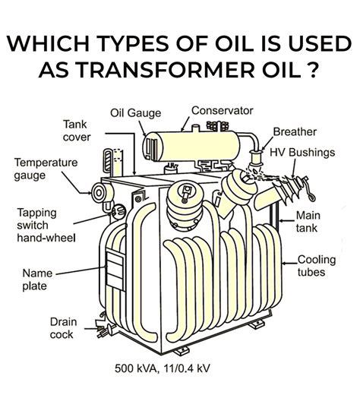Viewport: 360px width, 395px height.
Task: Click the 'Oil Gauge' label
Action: click(135, 113)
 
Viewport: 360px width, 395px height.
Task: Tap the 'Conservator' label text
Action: click(222, 111)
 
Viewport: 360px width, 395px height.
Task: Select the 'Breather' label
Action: click(295, 132)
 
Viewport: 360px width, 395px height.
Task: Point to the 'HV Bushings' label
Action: click(302, 153)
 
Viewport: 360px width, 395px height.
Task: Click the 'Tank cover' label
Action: click(77, 131)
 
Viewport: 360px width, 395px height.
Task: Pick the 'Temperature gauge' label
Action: click(46, 169)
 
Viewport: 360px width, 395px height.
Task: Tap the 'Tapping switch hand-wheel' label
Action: click(46, 226)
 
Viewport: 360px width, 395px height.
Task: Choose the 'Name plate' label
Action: click(37, 280)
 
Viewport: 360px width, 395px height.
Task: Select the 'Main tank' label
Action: click(308, 222)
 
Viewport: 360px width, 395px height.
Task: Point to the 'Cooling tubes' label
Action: click(317, 266)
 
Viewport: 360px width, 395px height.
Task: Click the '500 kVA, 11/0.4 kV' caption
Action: click(163, 368)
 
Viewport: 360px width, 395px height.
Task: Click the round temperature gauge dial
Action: click(99, 193)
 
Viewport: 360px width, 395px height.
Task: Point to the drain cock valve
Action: click(104, 329)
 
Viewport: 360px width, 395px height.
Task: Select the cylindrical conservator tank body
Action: click(191, 147)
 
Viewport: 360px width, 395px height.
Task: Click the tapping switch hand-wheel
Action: click(118, 211)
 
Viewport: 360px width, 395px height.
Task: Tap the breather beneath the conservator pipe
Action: click(255, 157)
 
